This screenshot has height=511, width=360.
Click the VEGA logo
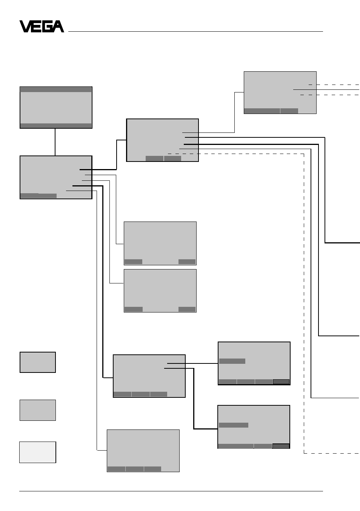[42, 26]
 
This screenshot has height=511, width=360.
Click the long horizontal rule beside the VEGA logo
[195, 31]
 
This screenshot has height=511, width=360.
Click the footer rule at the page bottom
[171, 491]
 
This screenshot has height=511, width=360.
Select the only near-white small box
[38, 452]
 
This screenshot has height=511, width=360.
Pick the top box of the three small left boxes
[38, 362]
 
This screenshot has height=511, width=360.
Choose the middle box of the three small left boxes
[38, 410]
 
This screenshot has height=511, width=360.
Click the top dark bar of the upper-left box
[56, 89]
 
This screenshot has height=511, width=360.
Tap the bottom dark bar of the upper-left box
[56, 126]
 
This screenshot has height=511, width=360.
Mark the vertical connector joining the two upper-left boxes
[55, 142]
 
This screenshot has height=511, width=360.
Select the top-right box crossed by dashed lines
[280, 92]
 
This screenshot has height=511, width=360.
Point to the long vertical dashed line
[304, 303]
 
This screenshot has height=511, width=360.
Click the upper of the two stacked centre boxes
[160, 243]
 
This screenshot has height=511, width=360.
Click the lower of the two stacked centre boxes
[160, 291]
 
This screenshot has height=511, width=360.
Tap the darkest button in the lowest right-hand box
[281, 446]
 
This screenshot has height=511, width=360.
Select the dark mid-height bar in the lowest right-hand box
[234, 425]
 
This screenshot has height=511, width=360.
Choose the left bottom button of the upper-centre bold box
[154, 158]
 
